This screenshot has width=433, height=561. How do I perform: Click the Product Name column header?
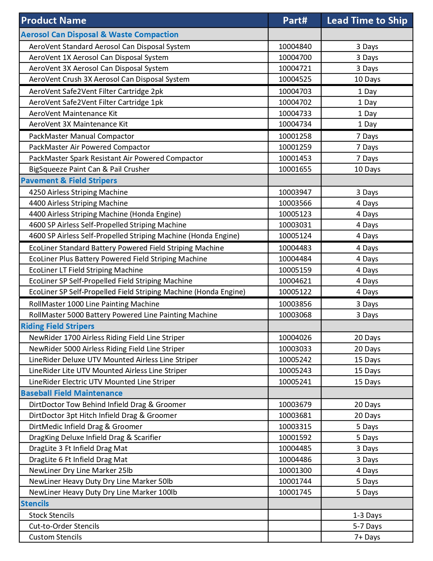(54, 20)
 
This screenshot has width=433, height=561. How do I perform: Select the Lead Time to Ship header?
(367, 20)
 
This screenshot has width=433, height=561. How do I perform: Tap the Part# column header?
(295, 20)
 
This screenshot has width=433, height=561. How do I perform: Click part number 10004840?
(295, 46)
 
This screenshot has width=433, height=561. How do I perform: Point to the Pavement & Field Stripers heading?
(69, 181)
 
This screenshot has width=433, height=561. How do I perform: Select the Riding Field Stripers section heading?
(58, 326)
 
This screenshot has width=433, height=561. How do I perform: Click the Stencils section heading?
(35, 504)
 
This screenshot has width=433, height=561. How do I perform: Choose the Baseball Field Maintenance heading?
(71, 393)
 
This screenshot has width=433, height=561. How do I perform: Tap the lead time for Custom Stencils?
(367, 537)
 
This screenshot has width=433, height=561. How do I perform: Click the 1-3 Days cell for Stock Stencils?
(367, 515)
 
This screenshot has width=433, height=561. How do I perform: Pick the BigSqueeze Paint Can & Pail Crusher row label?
(89, 169)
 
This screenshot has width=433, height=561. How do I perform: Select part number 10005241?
(295, 382)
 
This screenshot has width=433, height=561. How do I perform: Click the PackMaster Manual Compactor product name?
(81, 136)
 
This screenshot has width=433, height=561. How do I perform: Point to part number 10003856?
(295, 304)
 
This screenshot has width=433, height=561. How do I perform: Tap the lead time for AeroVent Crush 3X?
(367, 79)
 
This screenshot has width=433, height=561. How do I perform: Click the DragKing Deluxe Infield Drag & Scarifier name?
(95, 437)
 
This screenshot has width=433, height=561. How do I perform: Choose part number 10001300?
(295, 470)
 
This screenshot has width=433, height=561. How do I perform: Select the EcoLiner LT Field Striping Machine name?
(86, 270)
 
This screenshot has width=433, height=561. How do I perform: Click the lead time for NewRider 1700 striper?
(367, 338)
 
